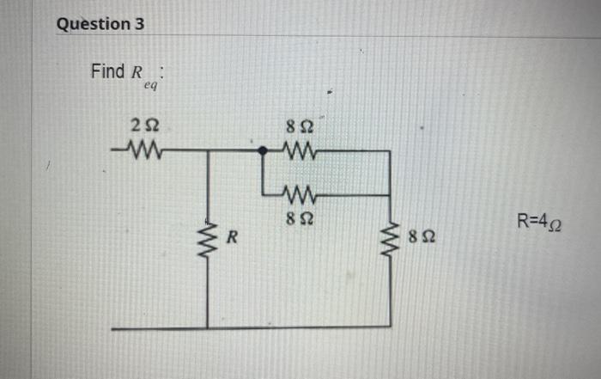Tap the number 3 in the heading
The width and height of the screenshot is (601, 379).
point(139,24)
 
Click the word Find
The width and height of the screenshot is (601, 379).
point(107,71)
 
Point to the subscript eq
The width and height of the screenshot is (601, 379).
point(151,85)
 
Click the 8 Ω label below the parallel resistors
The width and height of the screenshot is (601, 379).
point(300,217)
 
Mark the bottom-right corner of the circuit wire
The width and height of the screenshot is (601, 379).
point(391,327)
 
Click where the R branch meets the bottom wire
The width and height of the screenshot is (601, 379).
point(208,328)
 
